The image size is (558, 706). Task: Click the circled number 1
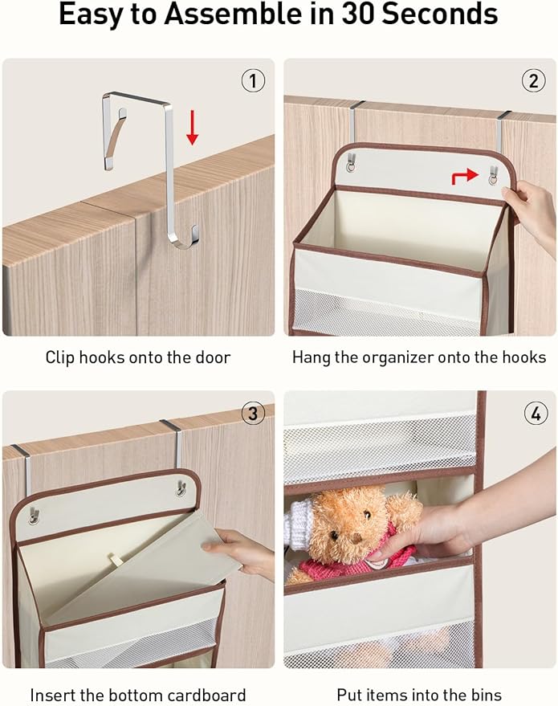pyautogui.click(x=253, y=81)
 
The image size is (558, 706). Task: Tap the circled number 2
pyautogui.click(x=533, y=81)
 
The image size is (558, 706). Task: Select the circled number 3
pyautogui.click(x=253, y=413)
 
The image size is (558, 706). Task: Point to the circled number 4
pyautogui.click(x=536, y=413)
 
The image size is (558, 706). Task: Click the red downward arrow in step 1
pyautogui.click(x=193, y=128)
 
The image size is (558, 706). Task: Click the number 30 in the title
pyautogui.click(x=358, y=14)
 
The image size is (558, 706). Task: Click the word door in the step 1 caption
pyautogui.click(x=213, y=357)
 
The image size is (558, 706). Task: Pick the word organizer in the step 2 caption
pyautogui.click(x=397, y=358)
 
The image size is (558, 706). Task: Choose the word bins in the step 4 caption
pyautogui.click(x=486, y=695)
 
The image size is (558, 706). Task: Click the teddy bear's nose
pyautogui.click(x=356, y=538)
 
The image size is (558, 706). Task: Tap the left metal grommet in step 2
pyautogui.click(x=351, y=168)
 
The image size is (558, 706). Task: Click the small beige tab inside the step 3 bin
pyautogui.click(x=116, y=560)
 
